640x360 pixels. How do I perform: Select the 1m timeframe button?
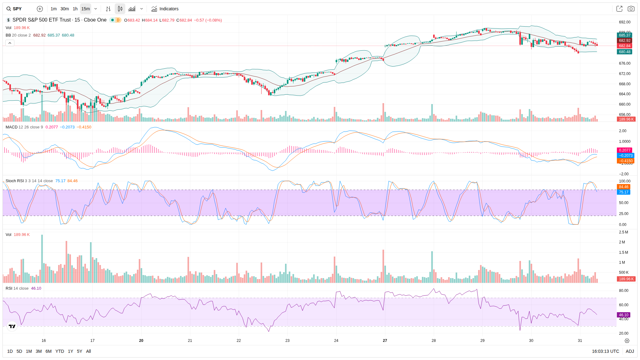coord(54,9)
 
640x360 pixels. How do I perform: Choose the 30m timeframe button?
coord(65,9)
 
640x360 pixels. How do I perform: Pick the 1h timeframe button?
coord(75,9)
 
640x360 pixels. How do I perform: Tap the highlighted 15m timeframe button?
coord(86,9)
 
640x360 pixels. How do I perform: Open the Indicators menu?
coord(165,9)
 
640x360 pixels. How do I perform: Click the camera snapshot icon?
coord(631,9)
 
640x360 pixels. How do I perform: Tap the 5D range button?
coord(19,351)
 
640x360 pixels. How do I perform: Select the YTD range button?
coord(60,351)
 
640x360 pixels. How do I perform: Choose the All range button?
coord(88,351)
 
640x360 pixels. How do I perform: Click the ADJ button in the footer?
coord(630,351)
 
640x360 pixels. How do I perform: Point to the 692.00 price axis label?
coord(624,22)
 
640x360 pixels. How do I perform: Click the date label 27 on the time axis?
coord(385,341)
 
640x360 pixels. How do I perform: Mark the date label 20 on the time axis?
coord(141,341)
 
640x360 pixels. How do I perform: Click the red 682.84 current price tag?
coord(624,46)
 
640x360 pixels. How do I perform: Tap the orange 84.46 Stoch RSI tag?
coord(623,187)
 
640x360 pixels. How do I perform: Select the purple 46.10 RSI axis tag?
coord(623,315)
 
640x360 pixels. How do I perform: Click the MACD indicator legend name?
coord(12,127)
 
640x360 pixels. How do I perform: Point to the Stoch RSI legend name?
coord(15,181)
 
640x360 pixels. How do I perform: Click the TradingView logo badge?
coord(12,327)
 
